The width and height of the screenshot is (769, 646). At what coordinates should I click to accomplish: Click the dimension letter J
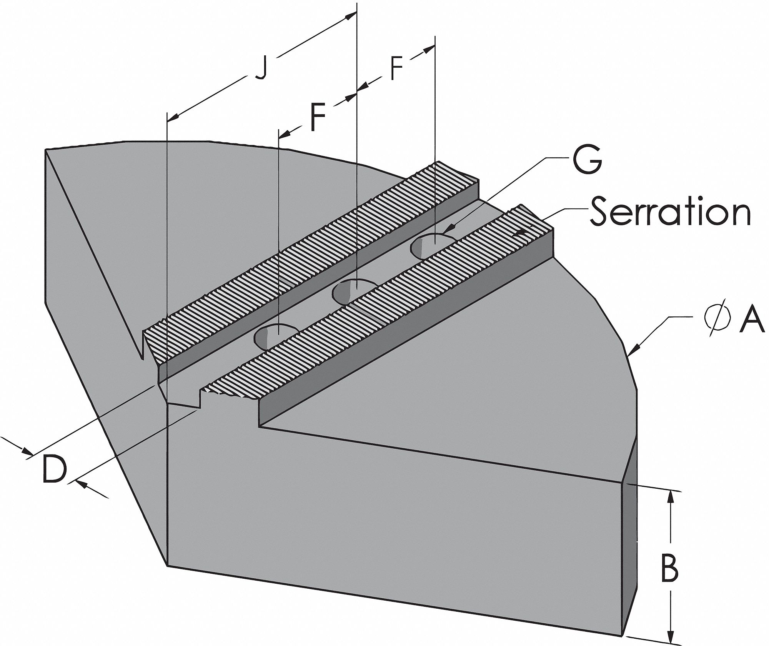coord(261,69)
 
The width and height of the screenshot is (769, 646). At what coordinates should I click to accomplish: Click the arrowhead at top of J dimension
coord(350,16)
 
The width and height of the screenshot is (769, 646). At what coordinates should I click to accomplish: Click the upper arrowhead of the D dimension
coord(27,451)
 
